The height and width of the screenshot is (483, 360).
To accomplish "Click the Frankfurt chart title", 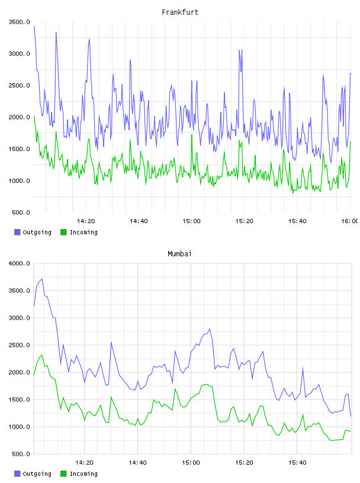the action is tap(180, 12).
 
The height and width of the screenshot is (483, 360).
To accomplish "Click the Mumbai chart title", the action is tap(179, 253).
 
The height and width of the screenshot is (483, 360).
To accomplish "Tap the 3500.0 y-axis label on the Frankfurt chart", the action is tap(20, 22).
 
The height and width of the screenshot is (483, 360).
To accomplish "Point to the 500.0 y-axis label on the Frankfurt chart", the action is tap(21, 212).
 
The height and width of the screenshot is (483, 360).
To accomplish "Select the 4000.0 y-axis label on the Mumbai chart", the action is tap(20, 263).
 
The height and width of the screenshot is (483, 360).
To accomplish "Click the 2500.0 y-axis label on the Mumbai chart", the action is tap(20, 345).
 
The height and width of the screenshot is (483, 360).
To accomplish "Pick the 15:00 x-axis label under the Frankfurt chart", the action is tap(191, 221).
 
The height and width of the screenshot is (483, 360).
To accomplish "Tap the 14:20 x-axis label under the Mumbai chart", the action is tap(84, 463).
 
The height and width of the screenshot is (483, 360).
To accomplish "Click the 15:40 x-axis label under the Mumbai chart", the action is tap(297, 463).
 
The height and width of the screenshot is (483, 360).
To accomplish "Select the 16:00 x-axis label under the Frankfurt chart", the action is tap(349, 221).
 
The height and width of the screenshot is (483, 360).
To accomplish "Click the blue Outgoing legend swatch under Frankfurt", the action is tap(17, 232).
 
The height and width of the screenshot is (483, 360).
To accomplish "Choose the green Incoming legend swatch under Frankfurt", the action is tap(63, 232).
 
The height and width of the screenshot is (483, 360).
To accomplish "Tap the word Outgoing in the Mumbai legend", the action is tap(37, 474).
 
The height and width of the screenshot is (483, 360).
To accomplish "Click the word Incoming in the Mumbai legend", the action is tap(83, 474).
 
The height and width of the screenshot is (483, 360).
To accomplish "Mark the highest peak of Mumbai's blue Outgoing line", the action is tap(42, 279).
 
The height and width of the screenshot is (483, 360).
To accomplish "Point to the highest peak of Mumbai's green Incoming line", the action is tap(42, 355).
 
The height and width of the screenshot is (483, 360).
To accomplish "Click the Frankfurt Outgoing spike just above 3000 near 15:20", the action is tap(241, 50).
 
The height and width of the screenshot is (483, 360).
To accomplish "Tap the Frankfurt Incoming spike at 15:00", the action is tap(192, 134).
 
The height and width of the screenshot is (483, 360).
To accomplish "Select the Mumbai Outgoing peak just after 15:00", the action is tap(210, 329).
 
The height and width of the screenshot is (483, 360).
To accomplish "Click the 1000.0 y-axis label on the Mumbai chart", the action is tap(20, 427).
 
